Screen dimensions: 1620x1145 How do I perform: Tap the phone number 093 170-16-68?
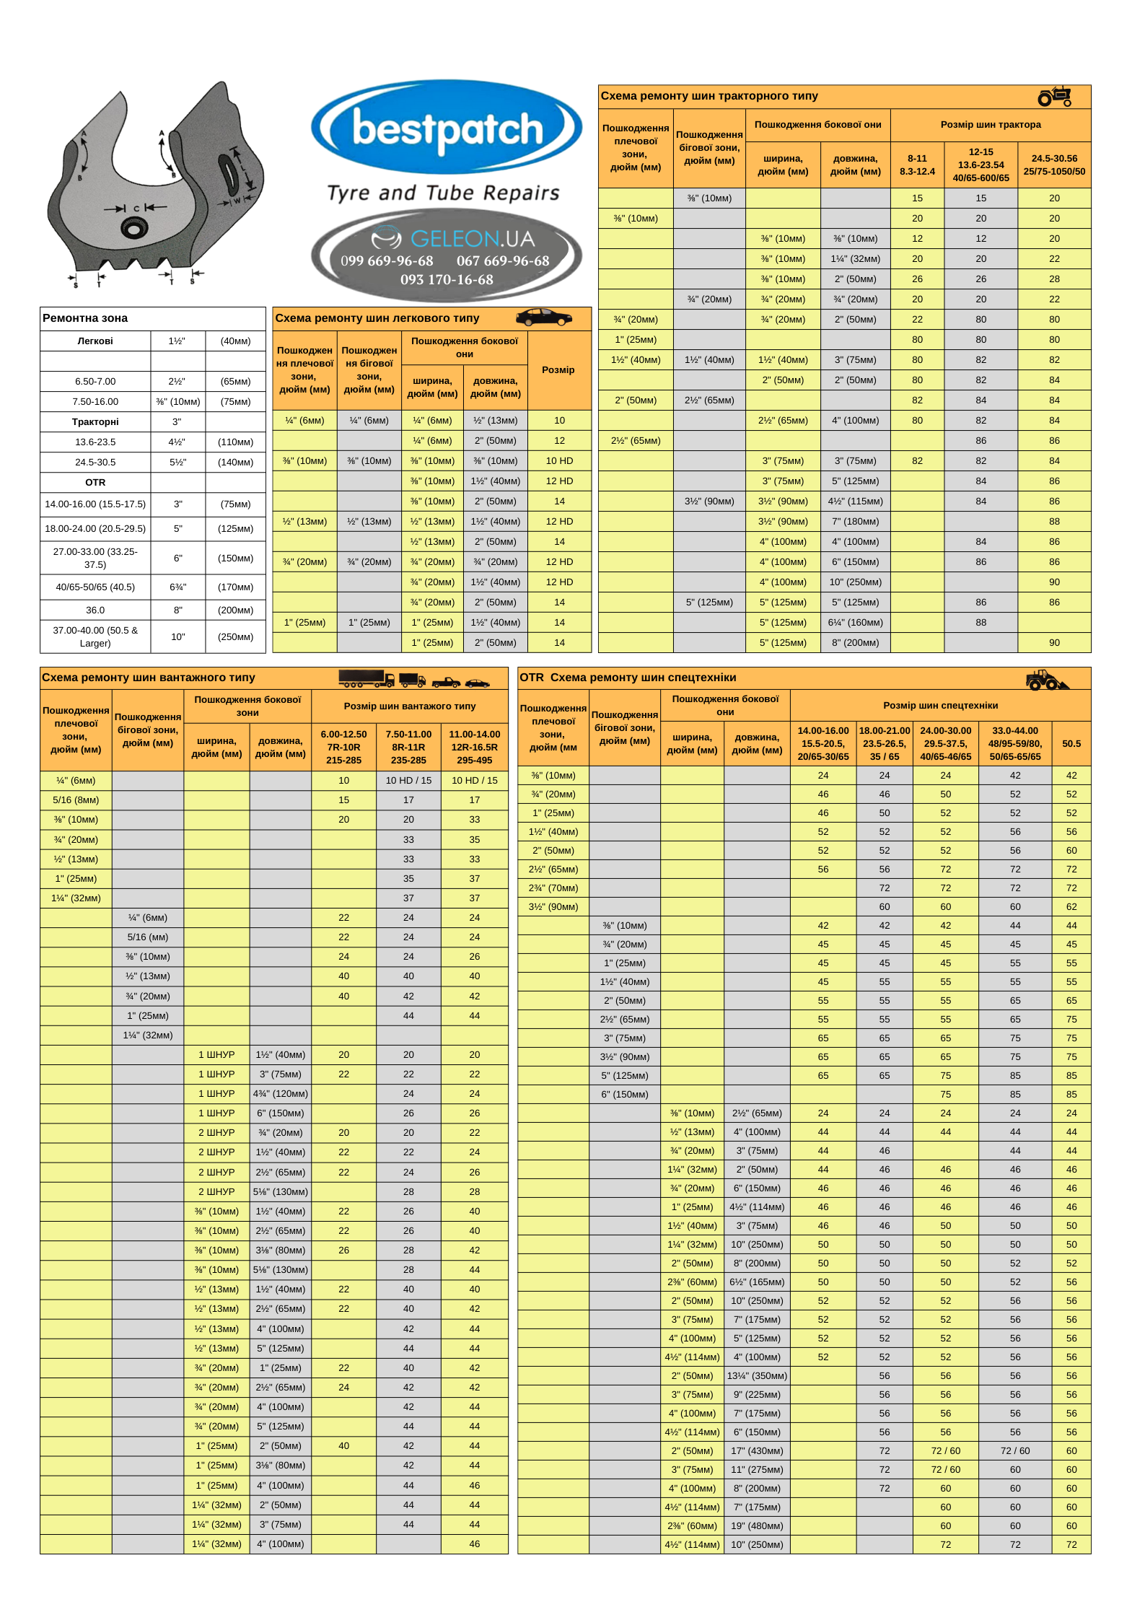tap(447, 280)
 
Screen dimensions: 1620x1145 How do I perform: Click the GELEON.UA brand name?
tap(472, 239)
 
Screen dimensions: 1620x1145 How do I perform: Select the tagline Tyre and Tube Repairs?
tap(443, 193)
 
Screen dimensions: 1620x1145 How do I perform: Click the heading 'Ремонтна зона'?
tap(85, 318)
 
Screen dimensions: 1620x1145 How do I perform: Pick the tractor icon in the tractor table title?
tap(1055, 96)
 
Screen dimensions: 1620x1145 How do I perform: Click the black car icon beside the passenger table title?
tap(544, 318)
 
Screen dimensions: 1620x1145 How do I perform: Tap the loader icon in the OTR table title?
tap(1045, 680)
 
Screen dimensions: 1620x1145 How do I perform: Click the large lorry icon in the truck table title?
tap(366, 678)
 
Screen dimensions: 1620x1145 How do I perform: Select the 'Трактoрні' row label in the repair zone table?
tap(95, 422)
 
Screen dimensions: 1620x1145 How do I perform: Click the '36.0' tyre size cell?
tap(95, 610)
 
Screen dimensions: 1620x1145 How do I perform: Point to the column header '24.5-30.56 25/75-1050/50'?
tap(1054, 165)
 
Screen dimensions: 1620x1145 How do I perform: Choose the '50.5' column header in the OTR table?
tap(1071, 744)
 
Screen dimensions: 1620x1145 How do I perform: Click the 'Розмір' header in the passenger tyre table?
tap(558, 370)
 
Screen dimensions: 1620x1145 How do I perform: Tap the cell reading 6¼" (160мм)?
tap(855, 623)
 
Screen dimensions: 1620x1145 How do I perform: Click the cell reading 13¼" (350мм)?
tap(757, 1376)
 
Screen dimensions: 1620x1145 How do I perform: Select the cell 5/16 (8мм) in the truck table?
tap(76, 800)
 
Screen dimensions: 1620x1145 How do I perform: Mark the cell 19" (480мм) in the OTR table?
tap(757, 1526)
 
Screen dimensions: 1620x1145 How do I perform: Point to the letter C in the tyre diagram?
tap(136, 209)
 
